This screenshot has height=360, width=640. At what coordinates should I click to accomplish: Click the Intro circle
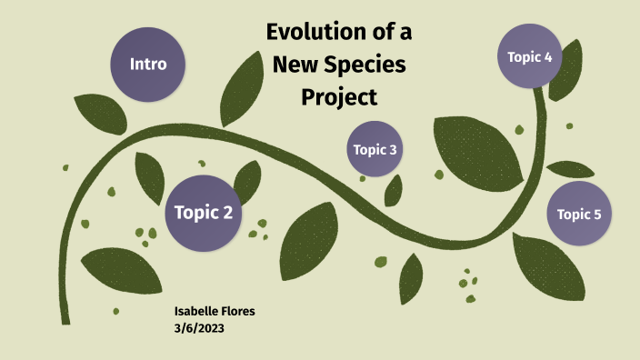148,65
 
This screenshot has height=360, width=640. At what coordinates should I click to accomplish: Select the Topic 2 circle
204,213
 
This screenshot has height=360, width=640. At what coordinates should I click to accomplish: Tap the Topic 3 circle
375,149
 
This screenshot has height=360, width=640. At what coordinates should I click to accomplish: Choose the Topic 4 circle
529,56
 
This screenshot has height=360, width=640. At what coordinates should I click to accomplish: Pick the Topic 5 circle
579,215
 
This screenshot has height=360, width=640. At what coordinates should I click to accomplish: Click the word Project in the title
338,96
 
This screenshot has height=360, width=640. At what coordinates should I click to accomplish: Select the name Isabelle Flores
215,311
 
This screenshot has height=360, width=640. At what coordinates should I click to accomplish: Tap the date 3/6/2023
198,328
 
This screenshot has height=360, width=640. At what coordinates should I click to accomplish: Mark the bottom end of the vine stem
65,320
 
